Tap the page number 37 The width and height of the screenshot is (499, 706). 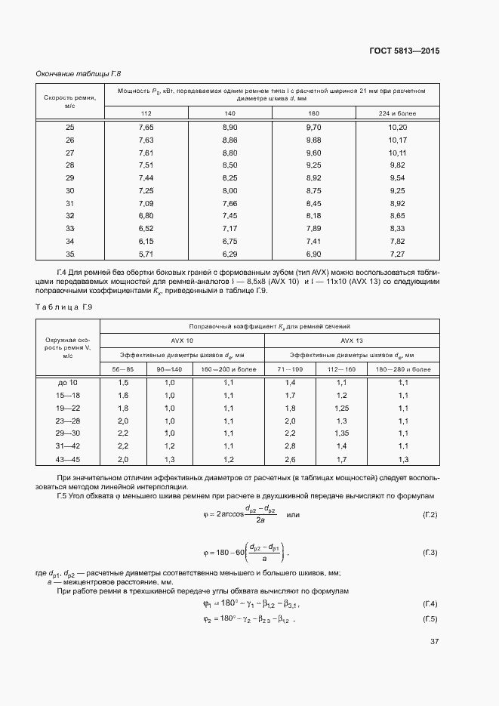(x=434, y=643)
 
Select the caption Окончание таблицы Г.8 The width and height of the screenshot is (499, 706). (x=79, y=73)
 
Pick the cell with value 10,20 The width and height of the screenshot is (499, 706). (x=397, y=127)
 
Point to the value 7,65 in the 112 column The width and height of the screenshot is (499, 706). (x=146, y=127)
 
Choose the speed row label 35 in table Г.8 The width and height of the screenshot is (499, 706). (x=70, y=254)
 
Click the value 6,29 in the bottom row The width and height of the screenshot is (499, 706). (x=230, y=254)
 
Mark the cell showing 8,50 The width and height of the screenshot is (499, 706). (x=230, y=165)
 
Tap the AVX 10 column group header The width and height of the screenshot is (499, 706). (x=182, y=340)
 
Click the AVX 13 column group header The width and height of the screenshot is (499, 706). (x=352, y=340)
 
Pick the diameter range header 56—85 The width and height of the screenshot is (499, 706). (x=123, y=368)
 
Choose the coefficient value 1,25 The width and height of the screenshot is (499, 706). (x=341, y=408)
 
